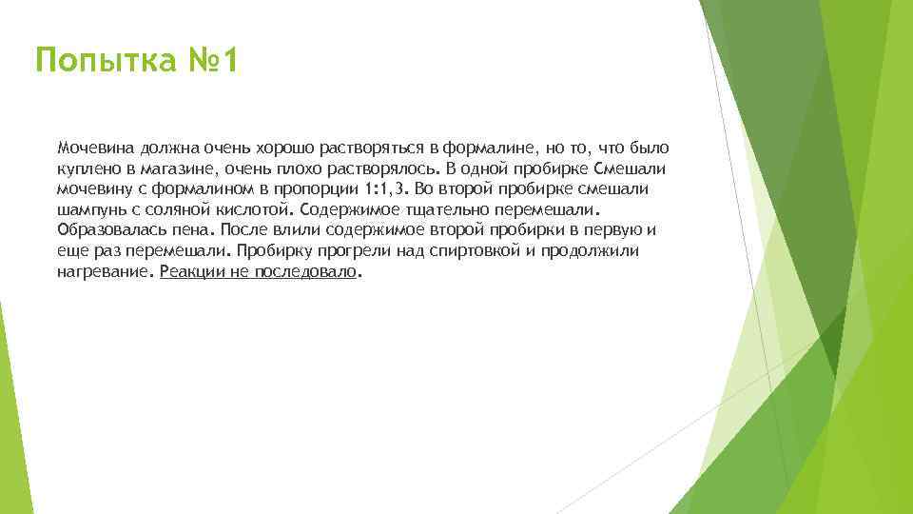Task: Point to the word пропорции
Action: click(x=319, y=188)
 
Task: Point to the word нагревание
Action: click(x=104, y=271)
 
